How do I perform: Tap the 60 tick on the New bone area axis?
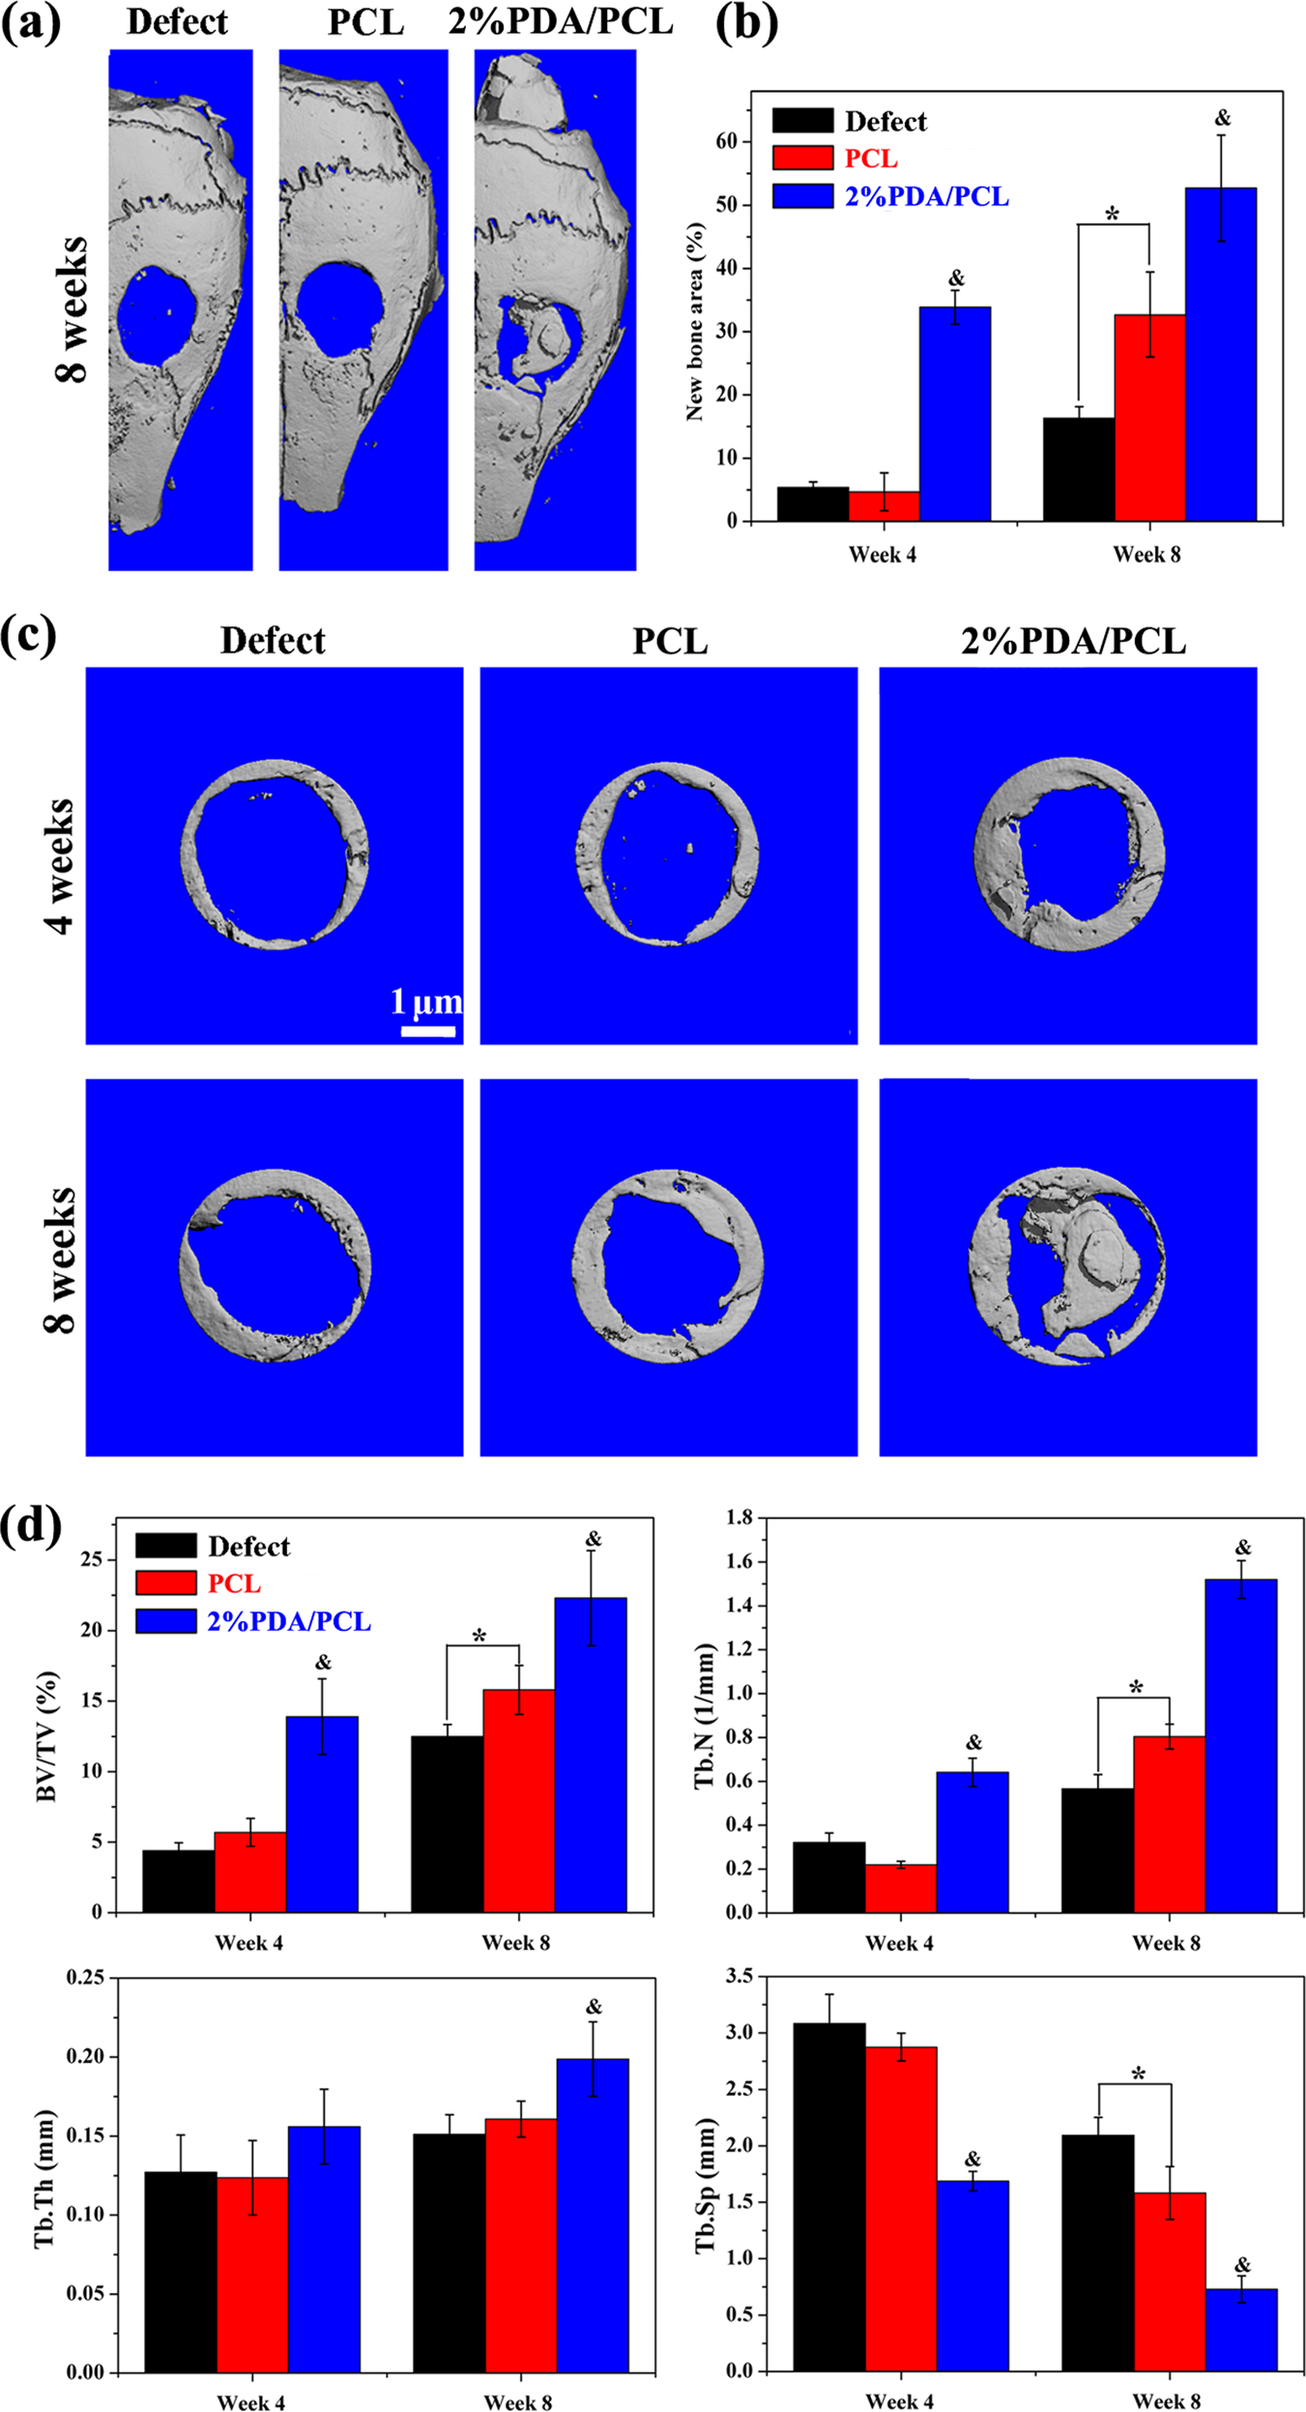tap(726, 141)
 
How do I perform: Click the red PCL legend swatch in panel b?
tap(802, 158)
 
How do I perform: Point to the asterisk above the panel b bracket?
tap(1112, 215)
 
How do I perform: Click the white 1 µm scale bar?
tap(428, 1032)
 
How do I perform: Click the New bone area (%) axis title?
tap(694, 322)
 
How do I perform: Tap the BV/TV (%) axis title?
tap(46, 1737)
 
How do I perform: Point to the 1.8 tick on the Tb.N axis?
tap(740, 1518)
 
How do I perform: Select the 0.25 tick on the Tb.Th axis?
tap(85, 1978)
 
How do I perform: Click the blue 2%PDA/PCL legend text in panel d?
tap(289, 1621)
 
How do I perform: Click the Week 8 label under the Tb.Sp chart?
tap(1166, 2400)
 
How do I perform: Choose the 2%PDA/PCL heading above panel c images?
tap(1073, 641)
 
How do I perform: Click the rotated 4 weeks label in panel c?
tap(60, 865)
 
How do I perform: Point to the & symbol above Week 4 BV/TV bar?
tap(323, 1662)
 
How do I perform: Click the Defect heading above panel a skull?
tap(177, 22)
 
